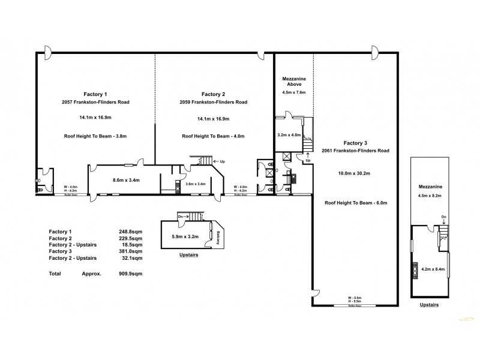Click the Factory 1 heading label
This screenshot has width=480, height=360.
pos(95,94)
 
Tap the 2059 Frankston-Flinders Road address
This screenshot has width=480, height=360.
pos(213,103)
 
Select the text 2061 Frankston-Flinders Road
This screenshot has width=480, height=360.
pos(355,151)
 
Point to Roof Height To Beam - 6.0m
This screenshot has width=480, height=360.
pos(355,203)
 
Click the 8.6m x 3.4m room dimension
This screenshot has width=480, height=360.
pos(126,179)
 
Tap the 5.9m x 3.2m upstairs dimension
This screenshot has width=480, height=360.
pos(184,236)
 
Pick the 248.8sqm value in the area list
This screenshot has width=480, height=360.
pos(131,232)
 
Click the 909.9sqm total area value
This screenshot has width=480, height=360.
pos(131,273)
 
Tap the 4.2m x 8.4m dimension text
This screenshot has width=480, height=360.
pos(433,269)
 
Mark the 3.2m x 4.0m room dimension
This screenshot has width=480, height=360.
pos(289,136)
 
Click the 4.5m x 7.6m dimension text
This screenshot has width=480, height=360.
pos(294,93)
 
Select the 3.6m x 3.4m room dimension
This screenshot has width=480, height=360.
pos(196,184)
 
